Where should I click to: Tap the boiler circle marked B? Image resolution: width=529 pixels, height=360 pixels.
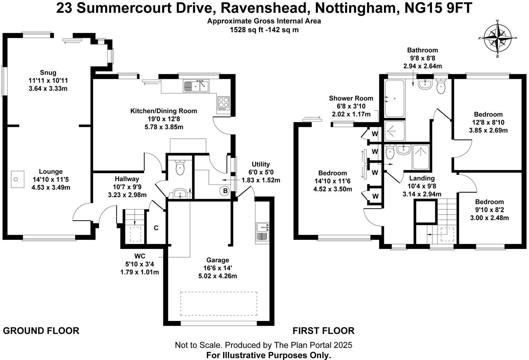coord(225,190)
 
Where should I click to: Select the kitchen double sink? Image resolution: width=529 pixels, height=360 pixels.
coord(196,85)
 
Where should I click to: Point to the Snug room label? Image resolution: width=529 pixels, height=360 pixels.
coord(48,72)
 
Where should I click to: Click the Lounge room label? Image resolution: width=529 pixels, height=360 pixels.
coord(51,171)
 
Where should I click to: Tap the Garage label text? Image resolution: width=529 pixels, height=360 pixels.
coord(218,260)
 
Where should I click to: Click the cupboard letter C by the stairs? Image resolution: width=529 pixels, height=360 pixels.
coord(156,228)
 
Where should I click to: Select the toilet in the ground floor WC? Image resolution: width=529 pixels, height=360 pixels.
coord(180,168)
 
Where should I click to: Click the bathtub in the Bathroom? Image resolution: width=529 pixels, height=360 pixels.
coord(394,99)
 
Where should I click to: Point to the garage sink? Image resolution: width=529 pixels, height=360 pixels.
coord(262,232)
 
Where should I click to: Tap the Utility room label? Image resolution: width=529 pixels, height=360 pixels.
coord(261,164)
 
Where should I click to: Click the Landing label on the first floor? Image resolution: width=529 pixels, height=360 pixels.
coord(422,178)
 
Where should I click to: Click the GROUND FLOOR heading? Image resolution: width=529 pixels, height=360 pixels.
coord(41,331)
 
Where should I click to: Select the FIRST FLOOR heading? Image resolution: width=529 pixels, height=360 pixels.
coord(323,331)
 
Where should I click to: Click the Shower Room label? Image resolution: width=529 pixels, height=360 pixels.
coord(351,98)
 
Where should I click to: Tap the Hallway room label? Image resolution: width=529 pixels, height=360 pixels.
coord(127,179)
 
